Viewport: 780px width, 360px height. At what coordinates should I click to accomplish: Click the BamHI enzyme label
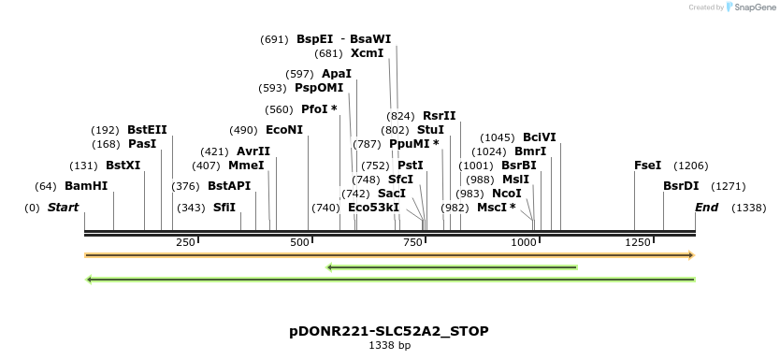point(86,186)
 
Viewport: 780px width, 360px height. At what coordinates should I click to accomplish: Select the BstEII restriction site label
point(148,129)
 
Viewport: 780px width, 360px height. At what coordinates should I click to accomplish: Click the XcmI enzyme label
point(367,53)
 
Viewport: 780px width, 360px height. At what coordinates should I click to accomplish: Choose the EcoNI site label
point(284,129)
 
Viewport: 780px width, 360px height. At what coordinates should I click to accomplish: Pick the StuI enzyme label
point(430,129)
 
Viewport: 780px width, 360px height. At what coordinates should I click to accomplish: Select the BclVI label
point(539,137)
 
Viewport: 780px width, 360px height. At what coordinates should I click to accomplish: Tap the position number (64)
point(46,186)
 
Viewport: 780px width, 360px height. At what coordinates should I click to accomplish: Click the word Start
point(64,207)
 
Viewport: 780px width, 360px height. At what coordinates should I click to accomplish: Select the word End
point(706,207)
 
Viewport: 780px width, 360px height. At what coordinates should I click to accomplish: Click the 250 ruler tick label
point(185,243)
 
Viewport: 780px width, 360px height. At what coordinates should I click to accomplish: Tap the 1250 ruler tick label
point(638,243)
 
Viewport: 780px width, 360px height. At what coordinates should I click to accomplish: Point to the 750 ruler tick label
point(412,243)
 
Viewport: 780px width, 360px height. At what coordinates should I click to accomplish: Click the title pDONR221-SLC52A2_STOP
point(389,331)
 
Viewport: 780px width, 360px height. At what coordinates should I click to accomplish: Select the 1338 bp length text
point(389,346)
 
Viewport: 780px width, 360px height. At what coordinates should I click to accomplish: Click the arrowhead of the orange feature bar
point(691,254)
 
